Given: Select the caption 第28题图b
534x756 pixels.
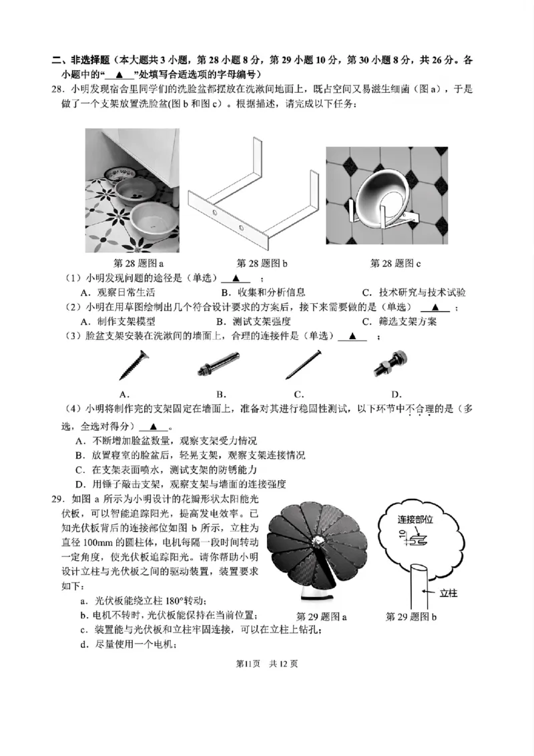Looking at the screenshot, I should click(262, 263).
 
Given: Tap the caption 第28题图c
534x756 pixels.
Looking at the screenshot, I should click(395, 263).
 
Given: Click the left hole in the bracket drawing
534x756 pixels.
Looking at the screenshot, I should click(216, 212).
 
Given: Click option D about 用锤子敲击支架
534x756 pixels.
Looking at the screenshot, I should click(186, 484).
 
